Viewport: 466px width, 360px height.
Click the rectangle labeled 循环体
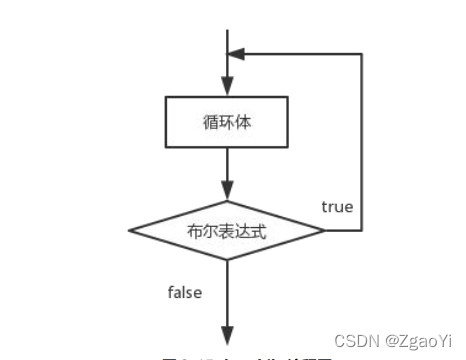point(229,123)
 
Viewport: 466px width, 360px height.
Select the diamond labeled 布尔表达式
point(229,229)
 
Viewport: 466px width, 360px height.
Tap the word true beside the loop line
point(336,206)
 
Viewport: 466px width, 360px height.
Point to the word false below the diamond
point(184,292)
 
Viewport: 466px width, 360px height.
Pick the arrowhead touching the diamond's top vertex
point(229,192)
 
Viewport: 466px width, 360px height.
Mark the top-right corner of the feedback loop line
point(361,54)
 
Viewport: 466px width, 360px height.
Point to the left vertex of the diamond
point(133,230)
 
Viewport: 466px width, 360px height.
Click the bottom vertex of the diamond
point(229,260)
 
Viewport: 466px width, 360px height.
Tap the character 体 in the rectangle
point(247,123)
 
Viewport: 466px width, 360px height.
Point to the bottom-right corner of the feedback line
point(361,230)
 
